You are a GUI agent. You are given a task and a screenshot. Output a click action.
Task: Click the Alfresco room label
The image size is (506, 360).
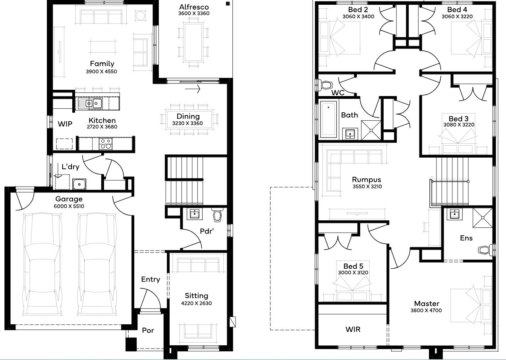coord(194,7)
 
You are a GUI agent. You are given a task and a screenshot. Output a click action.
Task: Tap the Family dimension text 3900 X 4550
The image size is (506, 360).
coord(101,71)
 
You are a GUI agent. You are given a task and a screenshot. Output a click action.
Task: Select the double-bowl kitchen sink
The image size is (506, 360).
coord(90,104)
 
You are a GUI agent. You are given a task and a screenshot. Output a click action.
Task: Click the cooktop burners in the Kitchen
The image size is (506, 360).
coord(106,144)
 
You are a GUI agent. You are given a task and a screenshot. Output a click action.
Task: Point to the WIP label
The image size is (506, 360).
coord(65,124)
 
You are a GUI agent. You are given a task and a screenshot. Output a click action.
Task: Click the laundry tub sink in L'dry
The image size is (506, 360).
coord(79,184)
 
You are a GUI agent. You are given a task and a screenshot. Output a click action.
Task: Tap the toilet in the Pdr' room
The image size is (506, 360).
coord(217,215)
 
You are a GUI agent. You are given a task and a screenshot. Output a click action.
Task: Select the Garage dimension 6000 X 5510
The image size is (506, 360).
coord(69,206)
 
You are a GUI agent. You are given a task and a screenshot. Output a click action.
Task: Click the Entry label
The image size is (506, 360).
coord(151,279)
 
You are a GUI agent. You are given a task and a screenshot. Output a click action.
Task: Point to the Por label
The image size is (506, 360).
coord(148,331)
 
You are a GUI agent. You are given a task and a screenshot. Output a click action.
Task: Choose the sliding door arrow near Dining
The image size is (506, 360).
coord(193,89)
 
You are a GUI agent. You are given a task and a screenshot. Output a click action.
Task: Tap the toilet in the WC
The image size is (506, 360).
coord(324,85)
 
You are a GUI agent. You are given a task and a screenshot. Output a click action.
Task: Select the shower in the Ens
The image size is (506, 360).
coord(483,218)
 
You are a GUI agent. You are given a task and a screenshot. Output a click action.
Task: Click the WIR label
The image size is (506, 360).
coord(353,329)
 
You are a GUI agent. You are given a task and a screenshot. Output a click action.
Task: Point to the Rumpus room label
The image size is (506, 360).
coord(367,180)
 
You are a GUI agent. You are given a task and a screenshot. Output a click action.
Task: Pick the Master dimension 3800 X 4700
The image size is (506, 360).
coord(426,310)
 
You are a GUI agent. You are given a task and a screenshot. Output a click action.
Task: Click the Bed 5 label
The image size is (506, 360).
coord(353,266)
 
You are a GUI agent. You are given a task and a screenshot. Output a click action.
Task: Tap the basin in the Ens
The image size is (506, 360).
coord(454,214)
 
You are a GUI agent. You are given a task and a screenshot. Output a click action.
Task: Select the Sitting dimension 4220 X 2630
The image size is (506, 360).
coord(196,303)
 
